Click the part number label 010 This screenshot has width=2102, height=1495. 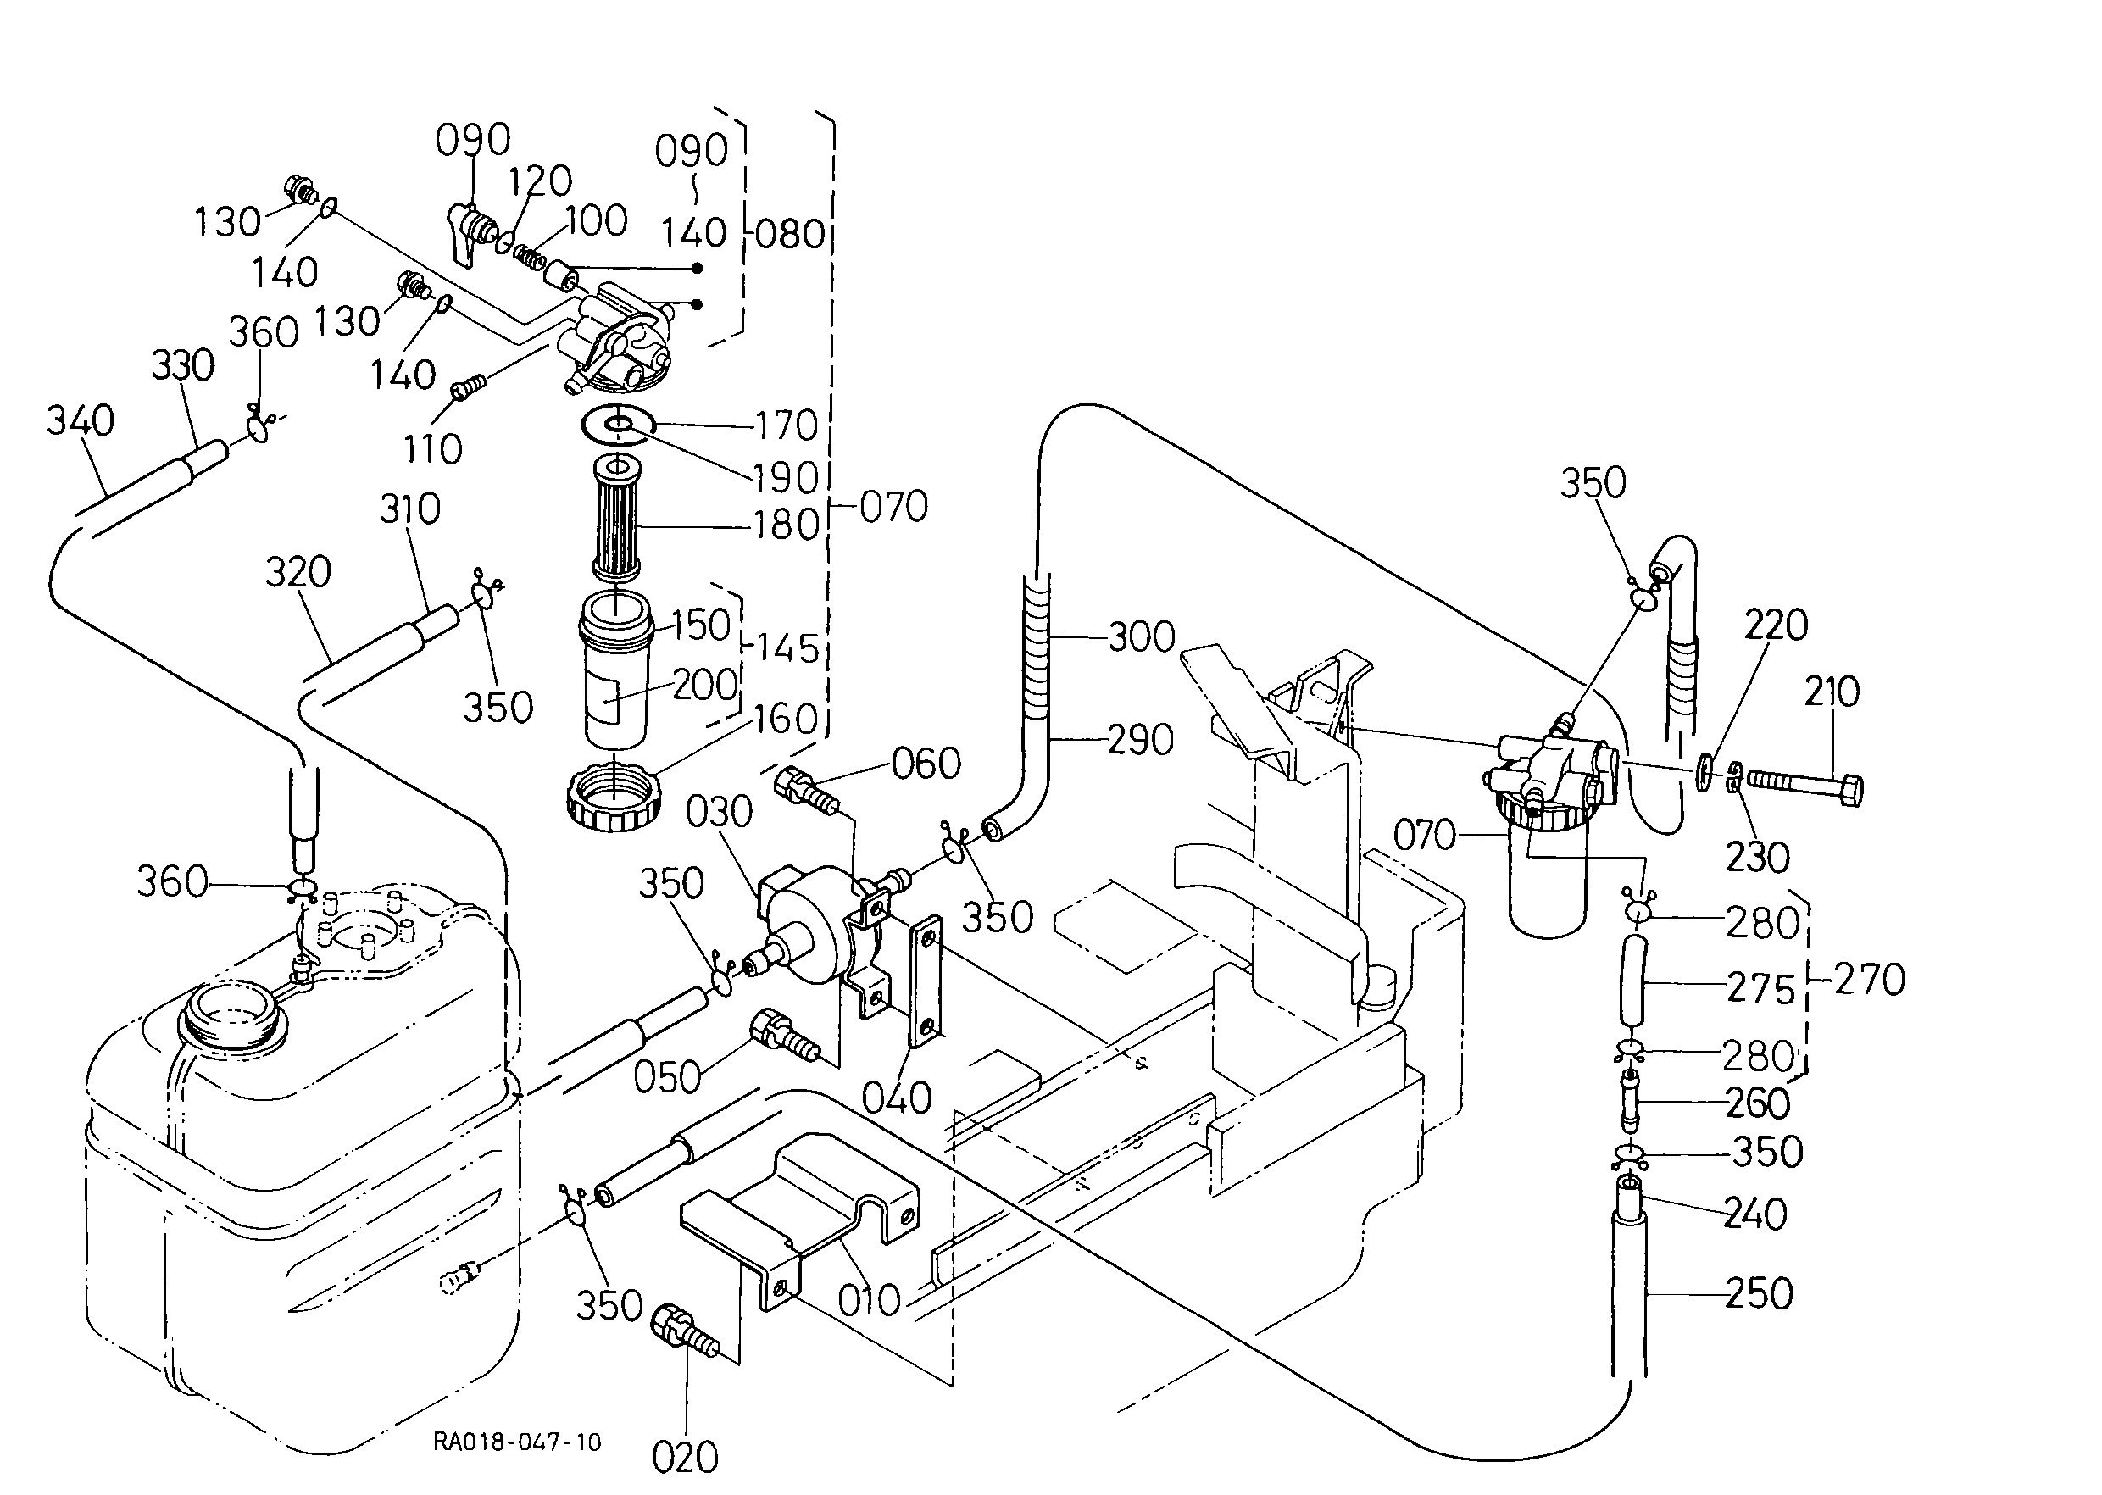pyautogui.click(x=868, y=1300)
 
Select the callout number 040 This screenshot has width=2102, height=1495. pyautogui.click(x=897, y=1098)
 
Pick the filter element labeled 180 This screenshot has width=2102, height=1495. pyautogui.click(x=616, y=517)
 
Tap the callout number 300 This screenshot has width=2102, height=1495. pyautogui.click(x=1142, y=637)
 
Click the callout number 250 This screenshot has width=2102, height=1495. pyautogui.click(x=1759, y=1293)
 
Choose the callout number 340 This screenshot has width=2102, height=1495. pyautogui.click(x=81, y=420)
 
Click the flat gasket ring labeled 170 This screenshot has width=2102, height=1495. pyautogui.click(x=618, y=425)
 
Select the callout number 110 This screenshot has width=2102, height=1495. pyautogui.click(x=431, y=449)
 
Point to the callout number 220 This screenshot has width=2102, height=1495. pyautogui.click(x=1776, y=625)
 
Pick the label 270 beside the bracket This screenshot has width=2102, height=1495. pyautogui.click(x=1870, y=980)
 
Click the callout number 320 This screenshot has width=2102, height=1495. pyautogui.click(x=298, y=573)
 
